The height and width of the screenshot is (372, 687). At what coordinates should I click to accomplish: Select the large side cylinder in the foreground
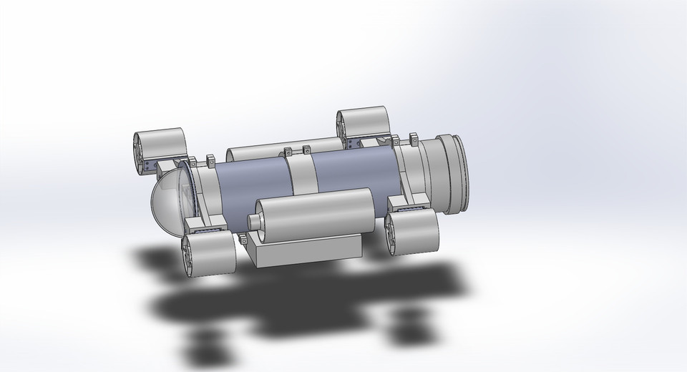pos(315,215)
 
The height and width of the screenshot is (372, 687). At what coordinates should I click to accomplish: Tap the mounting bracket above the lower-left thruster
pos(208,232)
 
